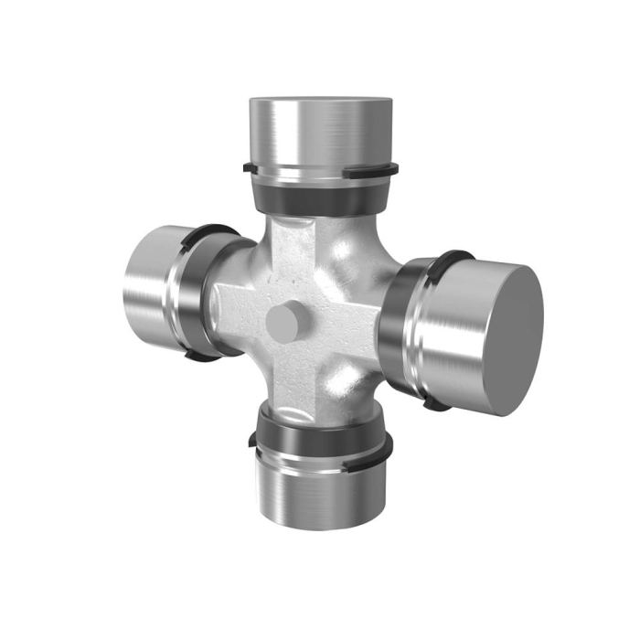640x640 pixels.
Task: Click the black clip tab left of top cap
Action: [x=249, y=167]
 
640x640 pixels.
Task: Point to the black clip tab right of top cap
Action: [x=393, y=168]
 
